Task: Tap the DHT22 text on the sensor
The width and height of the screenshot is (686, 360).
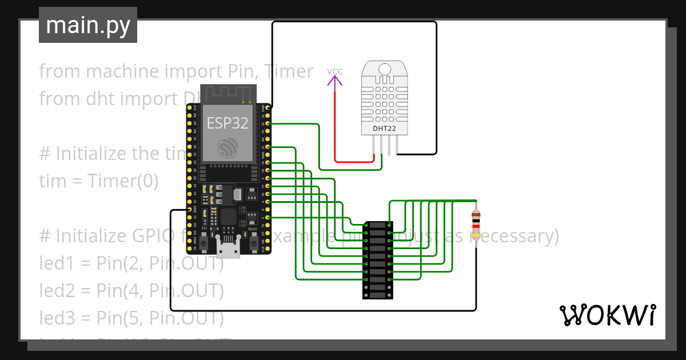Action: pyautogui.click(x=384, y=129)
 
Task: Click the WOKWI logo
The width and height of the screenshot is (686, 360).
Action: pyautogui.click(x=607, y=315)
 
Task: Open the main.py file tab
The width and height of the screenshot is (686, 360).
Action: pyautogui.click(x=88, y=25)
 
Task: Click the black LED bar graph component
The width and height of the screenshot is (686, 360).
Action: pyautogui.click(x=377, y=260)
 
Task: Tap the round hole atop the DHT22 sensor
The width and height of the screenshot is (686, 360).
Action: pyautogui.click(x=385, y=69)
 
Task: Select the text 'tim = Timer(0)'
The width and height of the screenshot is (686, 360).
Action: pyautogui.click(x=98, y=181)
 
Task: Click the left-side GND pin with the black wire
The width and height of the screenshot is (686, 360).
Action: pyautogui.click(x=189, y=210)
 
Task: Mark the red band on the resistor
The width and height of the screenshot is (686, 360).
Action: pyautogui.click(x=476, y=226)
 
